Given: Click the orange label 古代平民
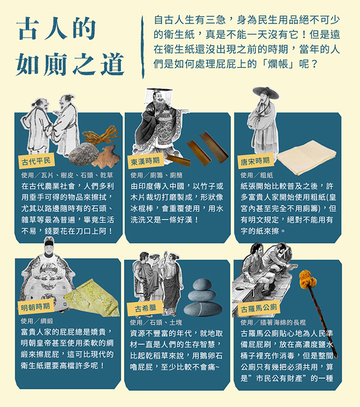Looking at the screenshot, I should [x=35, y=161].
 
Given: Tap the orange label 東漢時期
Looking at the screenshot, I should [x=145, y=161].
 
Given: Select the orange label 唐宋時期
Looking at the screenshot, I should [x=255, y=161].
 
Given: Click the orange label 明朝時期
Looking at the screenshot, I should [x=35, y=307].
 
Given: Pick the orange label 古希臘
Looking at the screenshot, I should [x=145, y=308].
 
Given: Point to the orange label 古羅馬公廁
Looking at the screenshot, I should [x=259, y=308].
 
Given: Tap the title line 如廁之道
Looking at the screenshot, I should [x=70, y=64].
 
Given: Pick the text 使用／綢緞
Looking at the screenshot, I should [x=37, y=321].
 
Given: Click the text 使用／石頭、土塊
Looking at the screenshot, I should [x=155, y=322].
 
